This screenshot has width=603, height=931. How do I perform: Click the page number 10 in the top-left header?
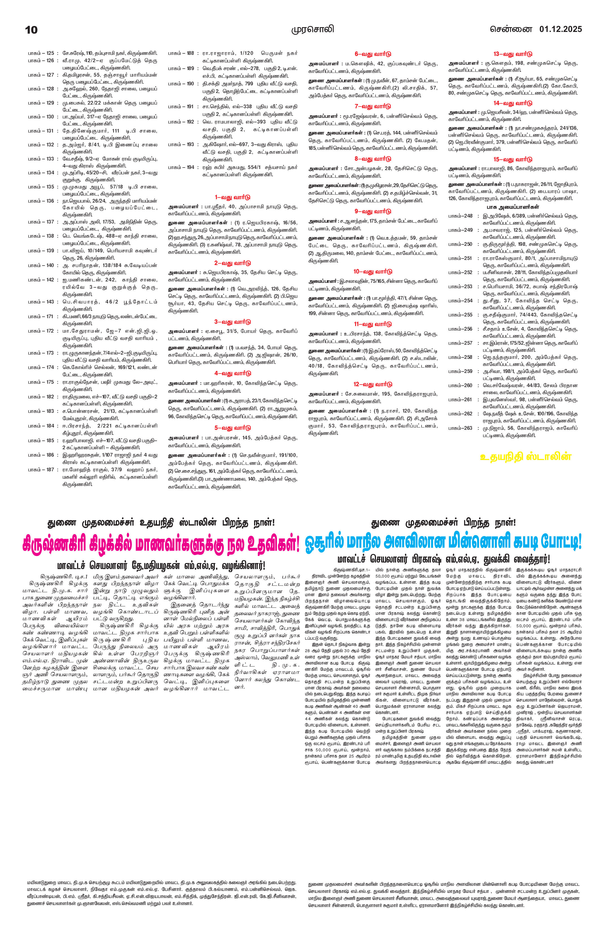coord(31,30)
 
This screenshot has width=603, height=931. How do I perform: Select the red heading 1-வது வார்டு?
coord(233,197)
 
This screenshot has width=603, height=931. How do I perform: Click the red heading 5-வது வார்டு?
coord(233,428)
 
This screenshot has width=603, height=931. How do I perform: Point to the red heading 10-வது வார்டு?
coord(373,272)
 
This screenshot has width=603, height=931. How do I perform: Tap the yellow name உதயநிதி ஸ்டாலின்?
coord(526,457)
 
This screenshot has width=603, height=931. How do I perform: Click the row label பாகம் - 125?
coord(41,53)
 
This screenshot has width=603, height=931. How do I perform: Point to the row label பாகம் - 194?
coord(181,167)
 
